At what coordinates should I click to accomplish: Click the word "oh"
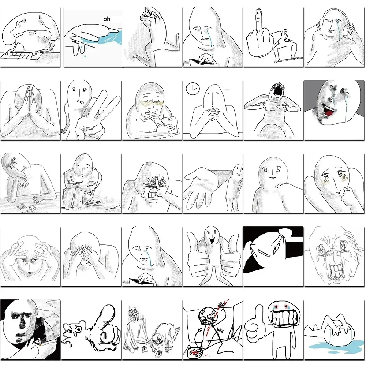point(107,19)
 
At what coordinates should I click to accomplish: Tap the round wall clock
point(193,89)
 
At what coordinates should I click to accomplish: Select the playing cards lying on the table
point(26,207)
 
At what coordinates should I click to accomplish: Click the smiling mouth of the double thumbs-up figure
point(212,240)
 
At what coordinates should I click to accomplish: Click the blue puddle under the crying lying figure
point(335,346)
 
